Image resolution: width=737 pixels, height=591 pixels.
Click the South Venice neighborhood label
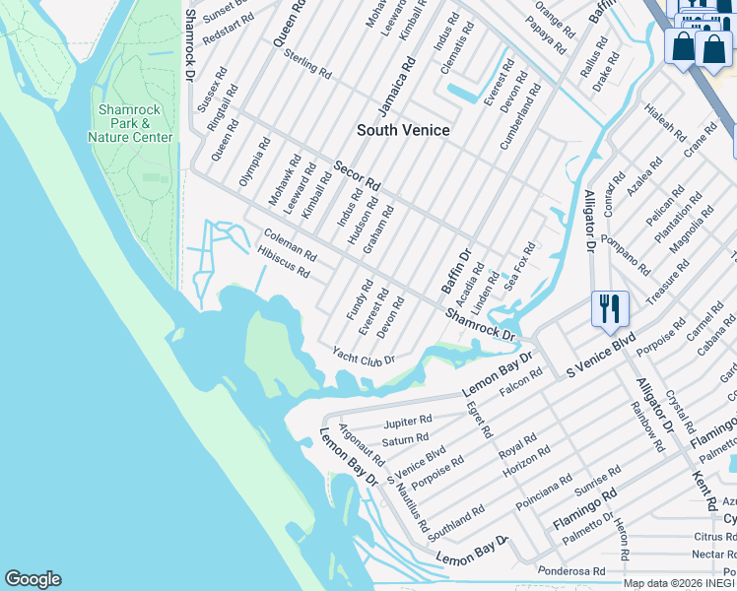point(403,130)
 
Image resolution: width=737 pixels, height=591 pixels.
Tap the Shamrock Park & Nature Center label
point(130,123)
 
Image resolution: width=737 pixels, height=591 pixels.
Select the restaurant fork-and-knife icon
point(610,308)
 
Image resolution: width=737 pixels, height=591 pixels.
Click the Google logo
point(33,579)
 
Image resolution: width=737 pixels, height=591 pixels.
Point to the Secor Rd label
point(356,176)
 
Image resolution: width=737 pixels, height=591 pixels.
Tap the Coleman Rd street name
point(290,245)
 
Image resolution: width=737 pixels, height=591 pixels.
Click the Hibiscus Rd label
point(283,262)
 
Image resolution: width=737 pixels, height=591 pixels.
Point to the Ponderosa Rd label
point(571,571)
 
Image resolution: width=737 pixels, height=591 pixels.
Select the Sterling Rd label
point(307,65)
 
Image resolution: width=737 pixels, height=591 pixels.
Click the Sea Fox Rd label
point(518,266)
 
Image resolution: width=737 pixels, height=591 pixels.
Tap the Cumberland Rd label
point(520,116)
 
